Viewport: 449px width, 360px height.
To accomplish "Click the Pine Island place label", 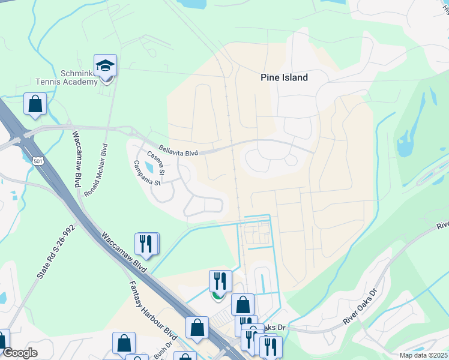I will [x=284, y=77].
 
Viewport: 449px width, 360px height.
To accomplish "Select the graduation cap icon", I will [x=106, y=65].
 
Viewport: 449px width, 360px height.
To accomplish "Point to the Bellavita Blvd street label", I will [x=178, y=151].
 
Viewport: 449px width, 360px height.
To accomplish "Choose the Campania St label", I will [x=148, y=173].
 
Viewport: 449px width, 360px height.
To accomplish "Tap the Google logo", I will [x=20, y=353].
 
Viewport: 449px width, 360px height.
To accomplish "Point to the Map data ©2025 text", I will [x=424, y=355].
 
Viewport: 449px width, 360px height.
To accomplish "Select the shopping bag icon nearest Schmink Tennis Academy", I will [x=35, y=104].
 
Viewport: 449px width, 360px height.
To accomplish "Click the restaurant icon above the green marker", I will [x=220, y=281].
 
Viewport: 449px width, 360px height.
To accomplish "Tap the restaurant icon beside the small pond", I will [x=147, y=244].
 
